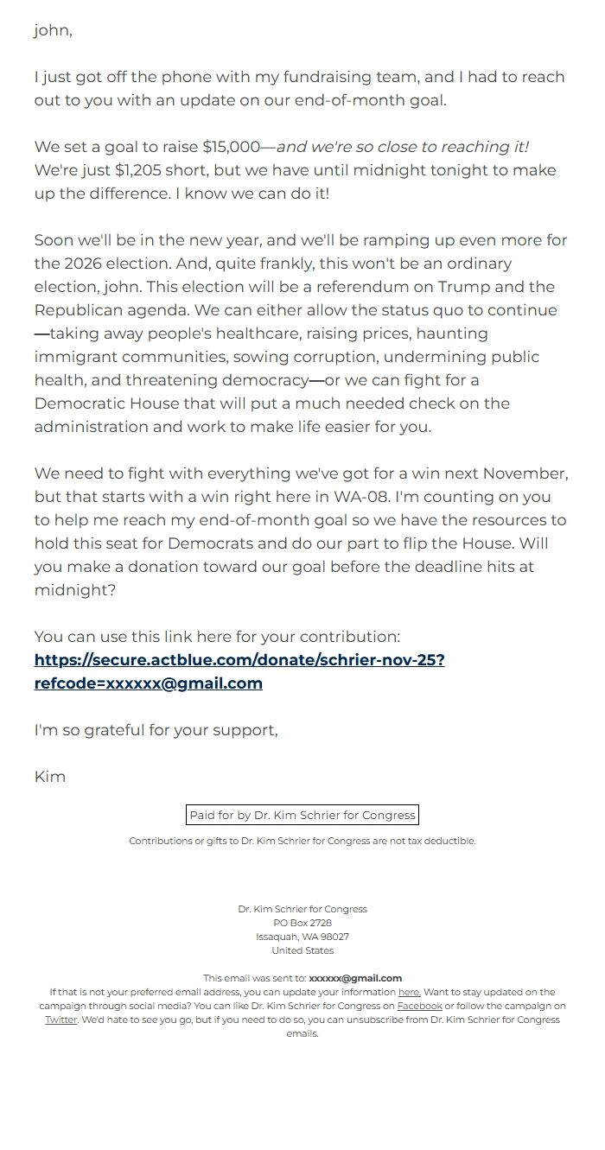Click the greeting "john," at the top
53,31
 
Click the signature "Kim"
50,777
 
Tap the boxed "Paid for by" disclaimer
302,815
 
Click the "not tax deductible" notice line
302,841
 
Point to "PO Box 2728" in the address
302,923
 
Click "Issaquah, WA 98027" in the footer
302,937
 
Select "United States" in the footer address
302,950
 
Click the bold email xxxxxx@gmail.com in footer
355,978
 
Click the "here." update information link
409,992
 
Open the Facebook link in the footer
419,1006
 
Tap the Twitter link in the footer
60,1020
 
